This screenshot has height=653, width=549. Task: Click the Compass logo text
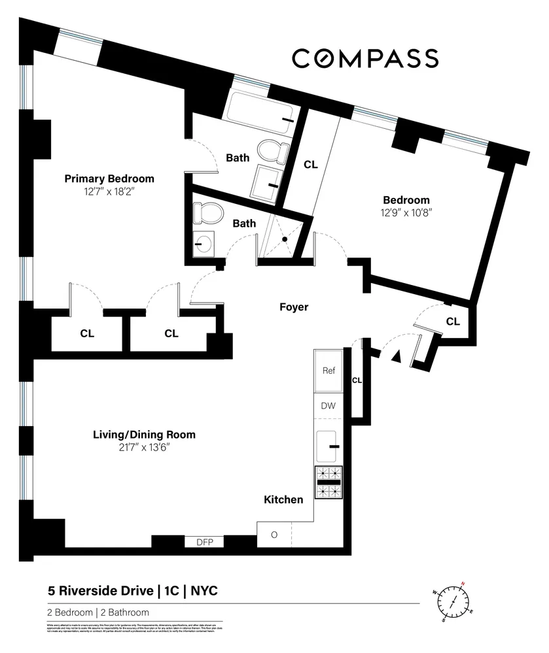click(364, 58)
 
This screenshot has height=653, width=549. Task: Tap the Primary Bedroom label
click(109, 178)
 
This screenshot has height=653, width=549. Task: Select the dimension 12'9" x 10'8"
click(406, 212)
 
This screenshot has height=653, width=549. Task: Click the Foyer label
click(293, 307)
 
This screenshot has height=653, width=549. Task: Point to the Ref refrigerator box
click(328, 371)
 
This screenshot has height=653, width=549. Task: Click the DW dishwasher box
click(328, 406)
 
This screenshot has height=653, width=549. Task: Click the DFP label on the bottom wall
click(205, 542)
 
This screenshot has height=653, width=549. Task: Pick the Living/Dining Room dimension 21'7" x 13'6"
click(144, 448)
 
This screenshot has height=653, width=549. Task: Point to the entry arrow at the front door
click(395, 356)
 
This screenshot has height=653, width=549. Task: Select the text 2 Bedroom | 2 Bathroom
click(98, 612)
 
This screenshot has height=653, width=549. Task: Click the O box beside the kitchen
click(274, 535)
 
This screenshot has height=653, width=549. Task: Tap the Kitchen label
click(283, 500)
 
